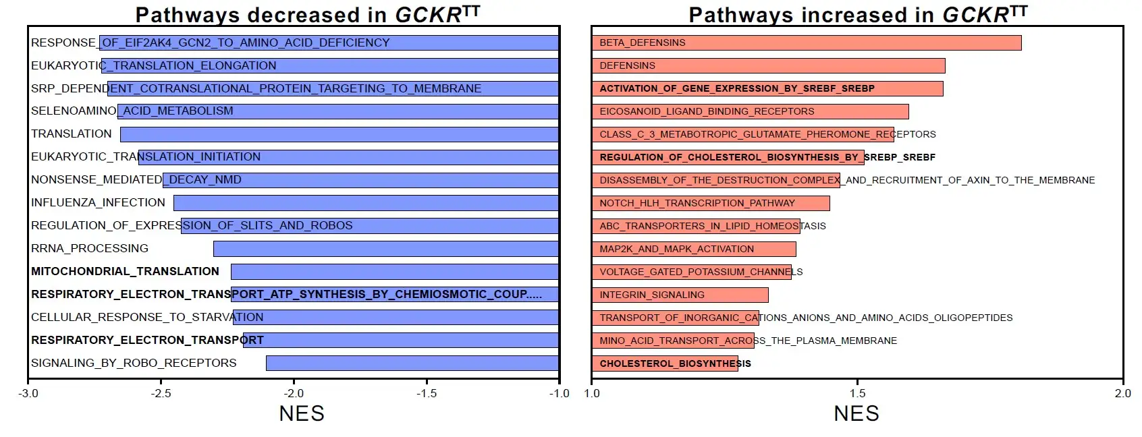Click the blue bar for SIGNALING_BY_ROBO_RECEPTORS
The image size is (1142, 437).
(x=412, y=363)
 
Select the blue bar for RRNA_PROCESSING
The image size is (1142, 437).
(x=385, y=249)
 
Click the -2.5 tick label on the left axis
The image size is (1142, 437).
(x=161, y=393)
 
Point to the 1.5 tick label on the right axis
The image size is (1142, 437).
(x=856, y=393)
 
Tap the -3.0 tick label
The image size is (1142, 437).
(x=28, y=393)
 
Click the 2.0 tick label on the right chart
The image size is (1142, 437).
(x=1122, y=393)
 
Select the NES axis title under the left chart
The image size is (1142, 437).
(x=302, y=413)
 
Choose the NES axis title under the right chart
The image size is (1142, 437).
(x=856, y=413)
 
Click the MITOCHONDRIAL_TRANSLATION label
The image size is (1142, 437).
(x=125, y=271)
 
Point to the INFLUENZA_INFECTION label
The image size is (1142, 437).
(x=98, y=202)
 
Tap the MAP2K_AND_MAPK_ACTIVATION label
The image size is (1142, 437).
(x=676, y=249)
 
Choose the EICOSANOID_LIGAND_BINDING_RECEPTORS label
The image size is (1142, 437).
(x=707, y=111)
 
